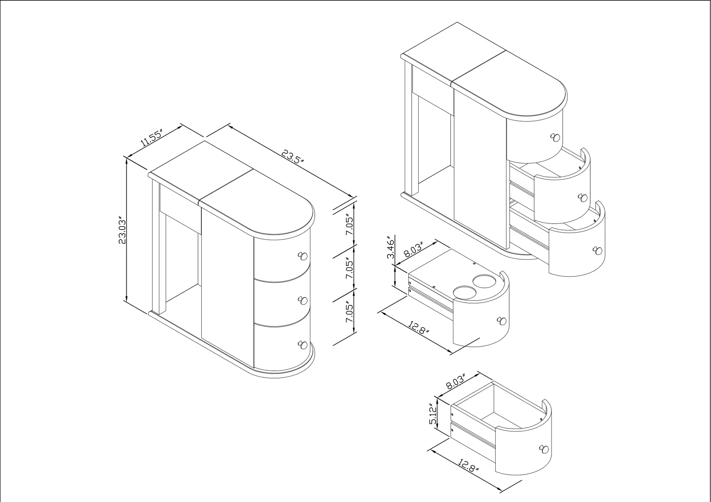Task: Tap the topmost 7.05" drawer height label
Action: tap(350, 225)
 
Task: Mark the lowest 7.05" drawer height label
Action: tap(350, 313)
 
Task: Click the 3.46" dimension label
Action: tap(391, 248)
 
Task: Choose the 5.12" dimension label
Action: tap(433, 414)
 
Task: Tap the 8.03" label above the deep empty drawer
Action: tap(455, 380)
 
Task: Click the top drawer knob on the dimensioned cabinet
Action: tap(303, 256)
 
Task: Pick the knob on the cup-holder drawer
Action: tap(501, 321)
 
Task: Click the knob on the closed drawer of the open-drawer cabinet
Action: tap(555, 137)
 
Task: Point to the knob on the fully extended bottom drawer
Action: tap(597, 251)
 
